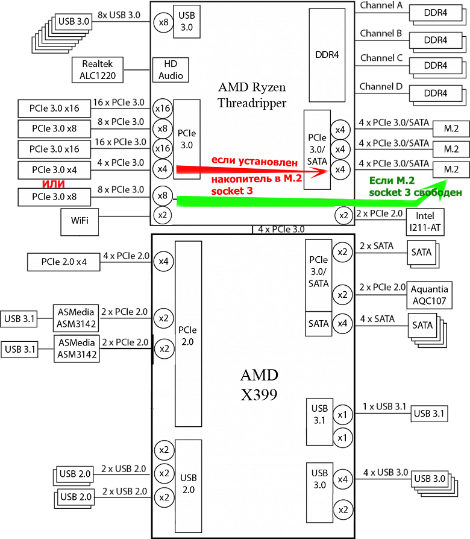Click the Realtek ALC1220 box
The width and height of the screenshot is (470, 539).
(97, 70)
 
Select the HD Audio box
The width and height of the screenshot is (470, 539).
(171, 70)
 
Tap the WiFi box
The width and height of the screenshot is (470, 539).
(80, 221)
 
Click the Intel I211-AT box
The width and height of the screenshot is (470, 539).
(425, 222)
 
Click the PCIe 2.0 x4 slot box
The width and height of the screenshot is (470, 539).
(64, 262)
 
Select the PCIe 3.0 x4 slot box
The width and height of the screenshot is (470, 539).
(54, 169)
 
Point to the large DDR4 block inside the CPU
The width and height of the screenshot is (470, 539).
(327, 55)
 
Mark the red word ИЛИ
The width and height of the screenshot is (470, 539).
(53, 183)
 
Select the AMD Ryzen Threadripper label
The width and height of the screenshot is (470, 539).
(252, 95)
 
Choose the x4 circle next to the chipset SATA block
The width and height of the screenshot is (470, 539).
(342, 324)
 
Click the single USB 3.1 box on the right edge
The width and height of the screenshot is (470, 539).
(429, 414)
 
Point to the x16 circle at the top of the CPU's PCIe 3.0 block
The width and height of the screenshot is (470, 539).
(162, 109)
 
